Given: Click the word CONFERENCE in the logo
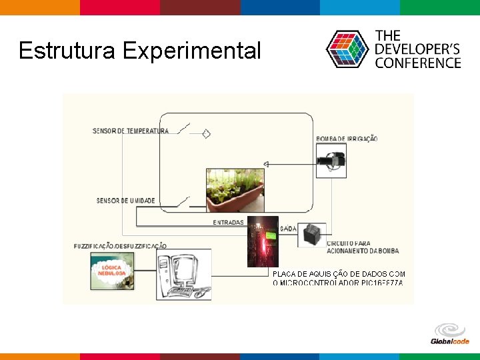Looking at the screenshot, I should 418,63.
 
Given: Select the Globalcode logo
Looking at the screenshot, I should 450,334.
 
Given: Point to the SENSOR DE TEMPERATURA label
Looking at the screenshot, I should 131,131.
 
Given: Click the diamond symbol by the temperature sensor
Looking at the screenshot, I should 206,133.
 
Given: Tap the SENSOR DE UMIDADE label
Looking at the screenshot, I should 125,201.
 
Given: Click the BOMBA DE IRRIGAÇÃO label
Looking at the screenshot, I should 347,139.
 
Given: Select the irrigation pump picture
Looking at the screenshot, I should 331,161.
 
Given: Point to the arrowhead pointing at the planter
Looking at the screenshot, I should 265,164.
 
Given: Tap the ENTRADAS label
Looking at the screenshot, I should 228,223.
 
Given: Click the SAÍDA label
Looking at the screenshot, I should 289,229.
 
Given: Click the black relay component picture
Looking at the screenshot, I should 311,235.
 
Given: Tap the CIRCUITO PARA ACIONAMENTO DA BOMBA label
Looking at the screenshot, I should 362,247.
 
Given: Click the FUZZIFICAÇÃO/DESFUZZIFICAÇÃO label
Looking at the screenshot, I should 121,246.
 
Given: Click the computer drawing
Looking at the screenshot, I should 183,274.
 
